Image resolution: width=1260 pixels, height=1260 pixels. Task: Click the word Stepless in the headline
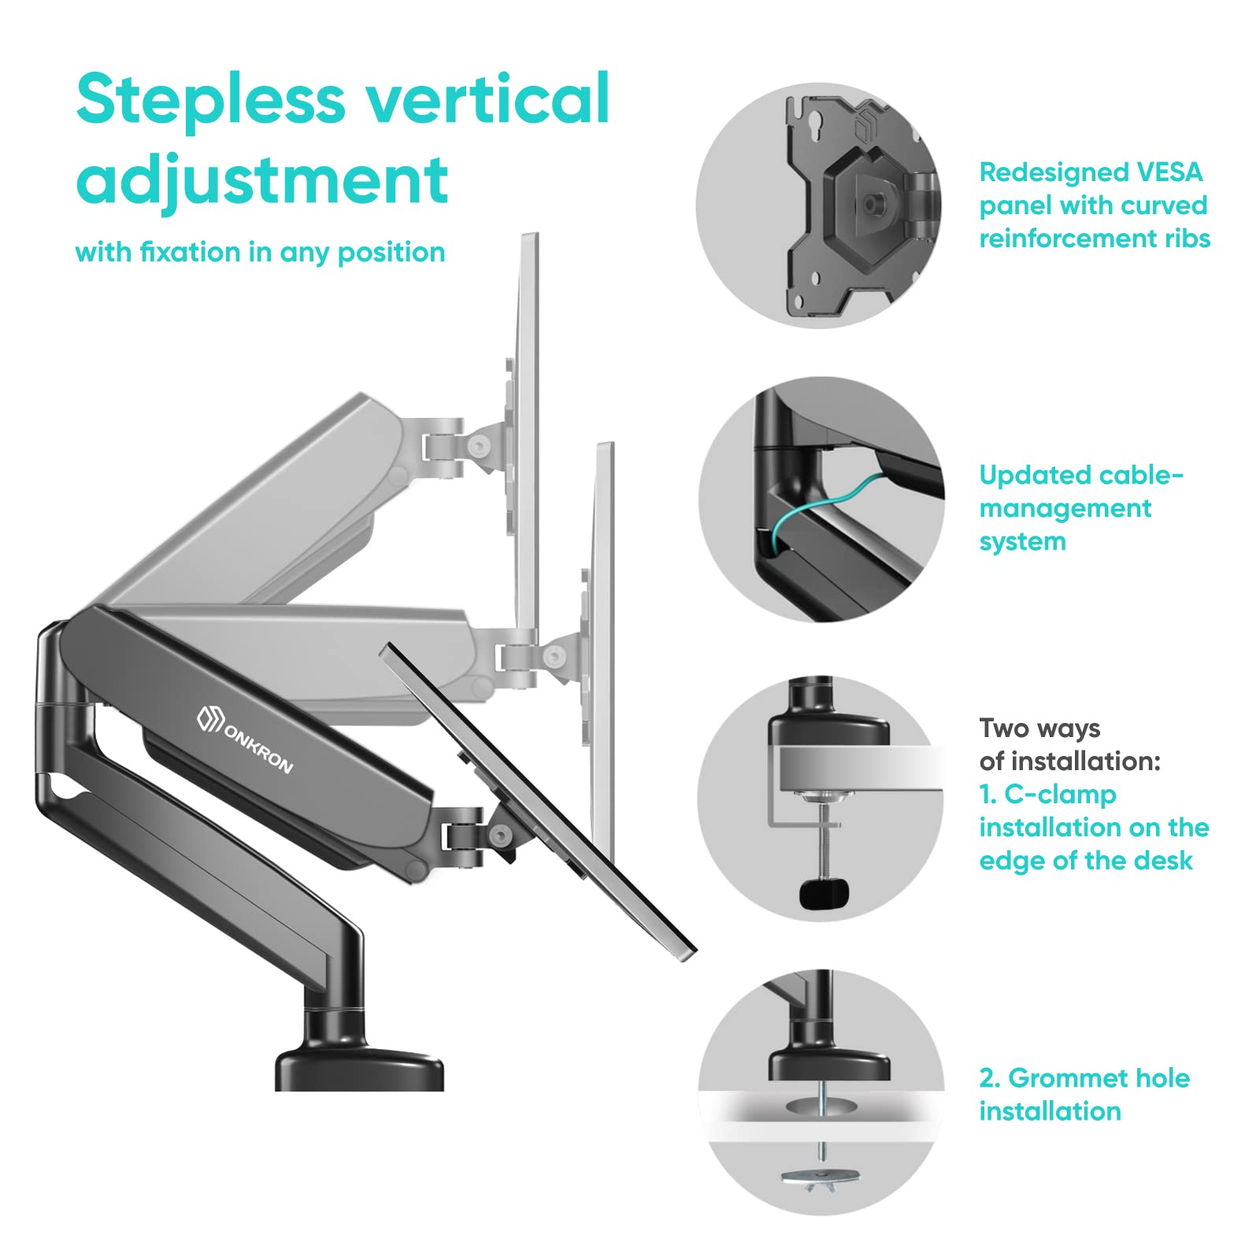click(x=211, y=100)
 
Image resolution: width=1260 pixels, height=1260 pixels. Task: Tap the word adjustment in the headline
click(x=262, y=180)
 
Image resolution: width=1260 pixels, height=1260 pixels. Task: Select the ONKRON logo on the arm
click(x=245, y=740)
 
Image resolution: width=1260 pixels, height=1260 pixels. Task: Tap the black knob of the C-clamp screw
click(x=824, y=892)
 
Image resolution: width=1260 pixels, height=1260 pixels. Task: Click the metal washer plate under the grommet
click(x=820, y=1177)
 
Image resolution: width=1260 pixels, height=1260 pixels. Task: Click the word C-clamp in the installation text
click(x=1060, y=795)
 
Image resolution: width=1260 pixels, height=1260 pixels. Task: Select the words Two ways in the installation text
click(x=1039, y=728)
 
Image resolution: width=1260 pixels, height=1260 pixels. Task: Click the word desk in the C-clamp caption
click(x=1163, y=861)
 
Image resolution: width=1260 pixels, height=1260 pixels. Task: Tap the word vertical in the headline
click(x=488, y=100)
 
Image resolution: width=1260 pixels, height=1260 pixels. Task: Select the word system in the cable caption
click(x=1022, y=542)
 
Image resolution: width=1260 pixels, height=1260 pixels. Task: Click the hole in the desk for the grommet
click(x=821, y=1106)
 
